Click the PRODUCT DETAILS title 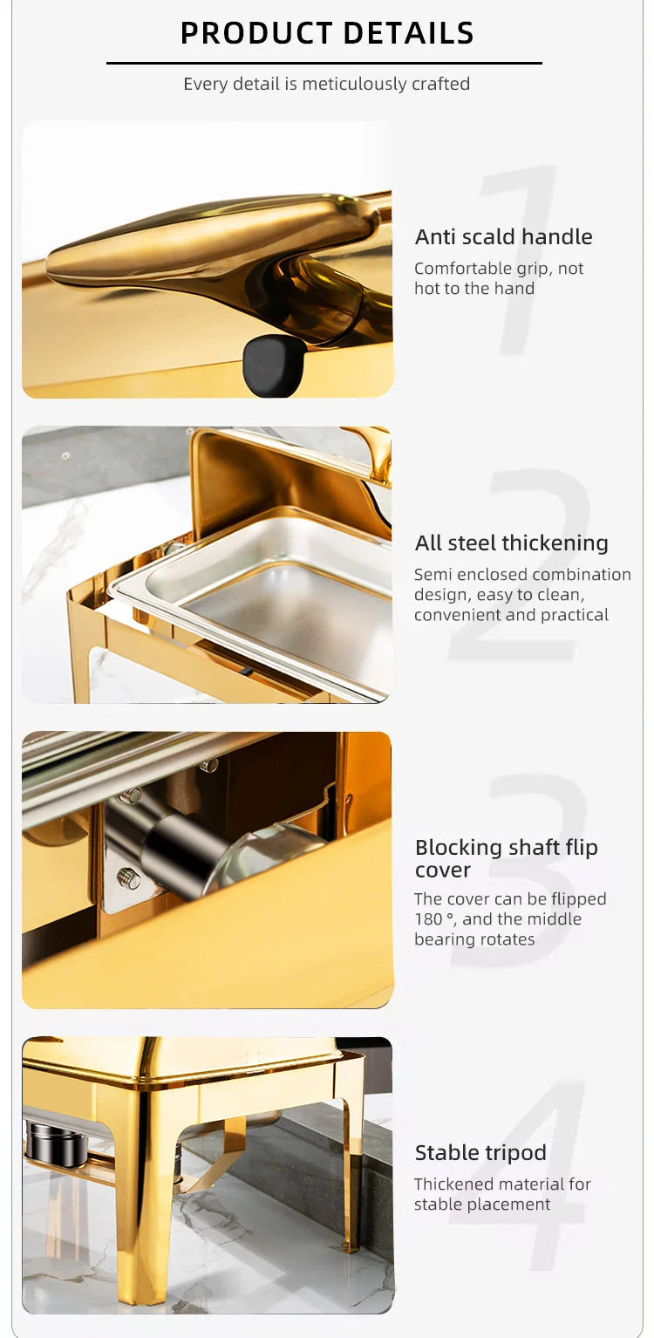(x=327, y=33)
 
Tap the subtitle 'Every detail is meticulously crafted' (x=326, y=84)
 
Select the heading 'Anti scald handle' (x=503, y=236)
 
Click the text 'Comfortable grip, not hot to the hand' (x=498, y=278)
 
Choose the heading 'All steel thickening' (x=511, y=543)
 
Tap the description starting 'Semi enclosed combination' (x=521, y=594)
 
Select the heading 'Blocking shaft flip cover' (x=506, y=858)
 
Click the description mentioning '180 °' (x=510, y=918)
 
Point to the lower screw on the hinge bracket (x=129, y=878)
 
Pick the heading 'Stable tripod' (x=480, y=1152)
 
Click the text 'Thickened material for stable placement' (x=502, y=1193)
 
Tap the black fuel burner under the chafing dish (x=56, y=1142)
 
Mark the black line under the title (x=324, y=63)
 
